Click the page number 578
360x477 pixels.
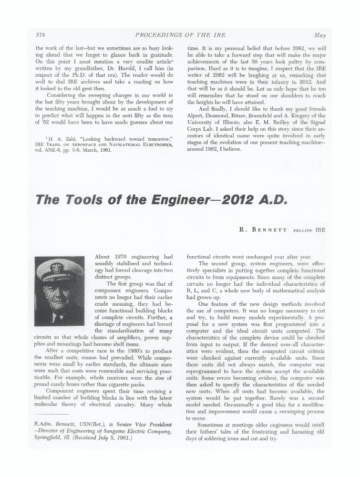(x=41, y=35)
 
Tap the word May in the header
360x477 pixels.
(x=319, y=35)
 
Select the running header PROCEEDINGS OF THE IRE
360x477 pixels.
(x=180, y=35)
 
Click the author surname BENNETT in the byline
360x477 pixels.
(x=269, y=230)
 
